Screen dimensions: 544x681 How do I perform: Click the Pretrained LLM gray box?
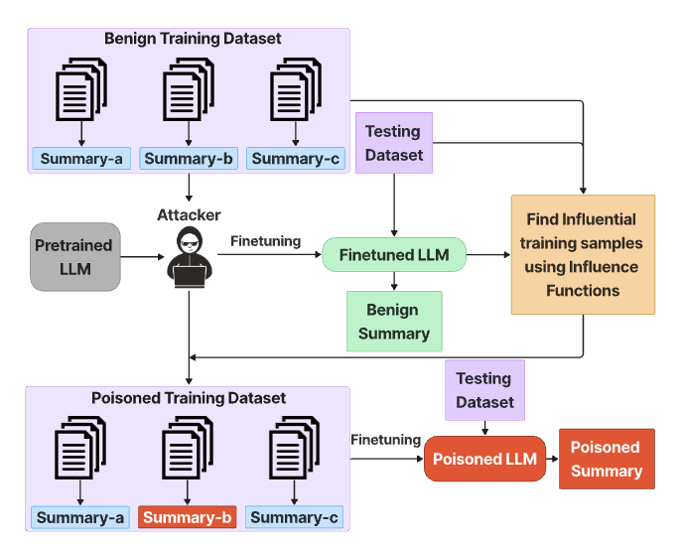coord(73,256)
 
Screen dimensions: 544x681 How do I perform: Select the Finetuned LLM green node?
coord(394,255)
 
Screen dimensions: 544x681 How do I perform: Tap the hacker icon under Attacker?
coord(188,259)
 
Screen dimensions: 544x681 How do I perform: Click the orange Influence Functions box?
coord(583,254)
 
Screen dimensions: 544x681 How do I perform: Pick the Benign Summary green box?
coord(394,321)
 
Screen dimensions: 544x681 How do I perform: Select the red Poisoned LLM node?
coord(484,459)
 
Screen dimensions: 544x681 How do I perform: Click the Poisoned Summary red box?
coord(607,459)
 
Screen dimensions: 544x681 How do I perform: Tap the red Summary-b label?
coord(188,517)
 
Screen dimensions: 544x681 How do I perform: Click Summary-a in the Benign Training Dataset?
coord(81,158)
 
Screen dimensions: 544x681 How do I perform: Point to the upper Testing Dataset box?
coord(394,143)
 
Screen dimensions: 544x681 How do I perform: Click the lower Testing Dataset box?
coord(484,389)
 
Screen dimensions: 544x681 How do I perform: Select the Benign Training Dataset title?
coord(193,39)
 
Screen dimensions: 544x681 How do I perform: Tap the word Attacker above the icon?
coord(189,214)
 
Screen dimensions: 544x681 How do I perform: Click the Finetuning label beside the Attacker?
coord(265,240)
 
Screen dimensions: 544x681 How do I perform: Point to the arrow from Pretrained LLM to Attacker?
coord(142,256)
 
